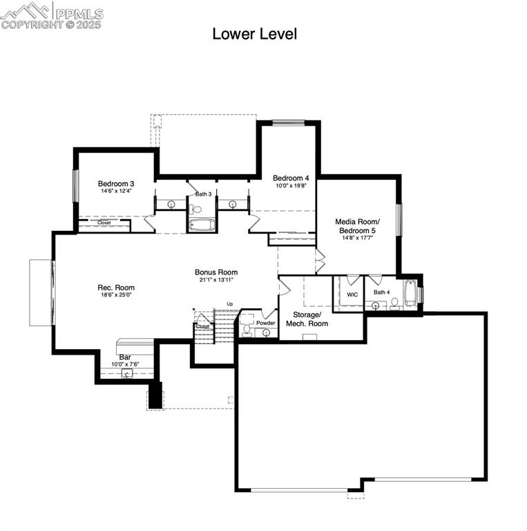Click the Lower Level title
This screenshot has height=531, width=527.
(x=255, y=34)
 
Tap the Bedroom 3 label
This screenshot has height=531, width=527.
(x=116, y=183)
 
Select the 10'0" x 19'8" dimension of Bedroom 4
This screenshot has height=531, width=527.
(x=291, y=185)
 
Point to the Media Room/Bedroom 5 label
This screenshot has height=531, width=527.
(x=357, y=226)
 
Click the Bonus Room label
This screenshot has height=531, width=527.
(x=216, y=272)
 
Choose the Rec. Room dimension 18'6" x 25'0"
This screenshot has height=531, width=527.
(x=116, y=295)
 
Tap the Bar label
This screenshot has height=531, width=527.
(x=125, y=357)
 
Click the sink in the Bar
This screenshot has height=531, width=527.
(x=127, y=373)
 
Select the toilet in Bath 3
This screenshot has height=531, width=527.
(x=195, y=209)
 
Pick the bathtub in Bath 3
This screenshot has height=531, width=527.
(x=202, y=225)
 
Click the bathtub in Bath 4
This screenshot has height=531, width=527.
(x=411, y=292)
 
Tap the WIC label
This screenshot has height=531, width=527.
(x=352, y=295)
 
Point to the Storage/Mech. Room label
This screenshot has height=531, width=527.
(x=307, y=319)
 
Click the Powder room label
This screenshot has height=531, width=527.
(x=265, y=323)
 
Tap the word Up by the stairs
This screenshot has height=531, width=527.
(x=230, y=304)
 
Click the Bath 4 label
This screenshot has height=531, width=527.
(x=381, y=292)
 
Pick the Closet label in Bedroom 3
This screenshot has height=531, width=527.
(x=104, y=223)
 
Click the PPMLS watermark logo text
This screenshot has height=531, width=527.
(x=80, y=14)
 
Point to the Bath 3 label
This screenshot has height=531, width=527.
(x=203, y=194)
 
